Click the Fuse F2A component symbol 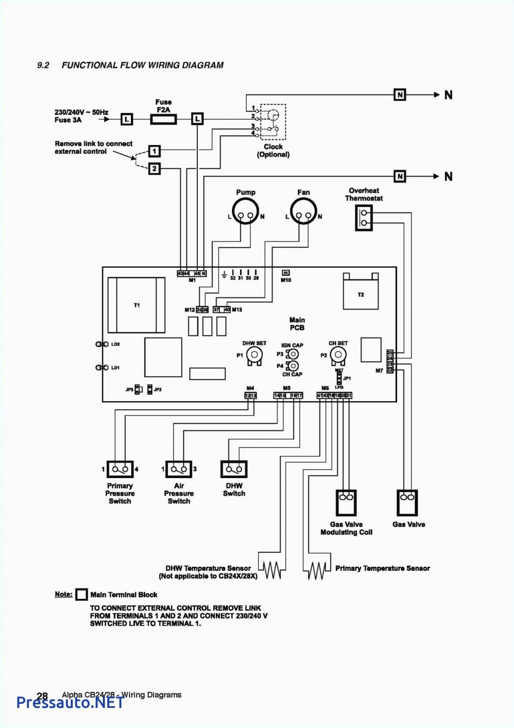point(163,119)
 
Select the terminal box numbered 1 point(155,151)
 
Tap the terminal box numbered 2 point(155,169)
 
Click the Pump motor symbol point(245,212)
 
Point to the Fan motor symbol point(304,212)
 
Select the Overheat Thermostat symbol point(364,217)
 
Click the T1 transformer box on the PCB point(137,305)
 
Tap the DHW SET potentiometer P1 point(254,355)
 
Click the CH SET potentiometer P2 point(338,355)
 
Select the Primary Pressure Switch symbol point(120,469)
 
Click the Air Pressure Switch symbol point(179,469)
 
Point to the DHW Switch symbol point(234,469)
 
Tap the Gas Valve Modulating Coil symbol point(346,503)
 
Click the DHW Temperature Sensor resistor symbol point(272,570)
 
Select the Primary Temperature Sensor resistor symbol point(317,570)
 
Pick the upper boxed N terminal point(400,95)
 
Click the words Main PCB point(297,324)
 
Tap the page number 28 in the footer point(42,696)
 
